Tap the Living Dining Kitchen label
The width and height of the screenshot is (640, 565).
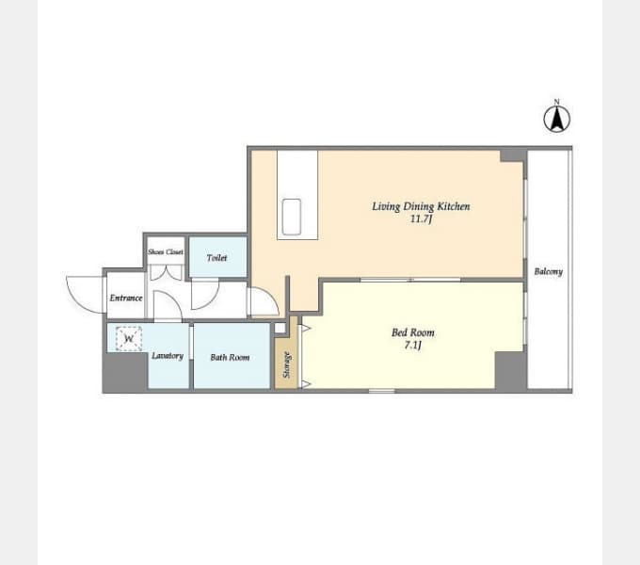pyautogui.click(x=421, y=206)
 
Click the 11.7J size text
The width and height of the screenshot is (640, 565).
pyautogui.click(x=421, y=219)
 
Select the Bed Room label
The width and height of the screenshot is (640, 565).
pyautogui.click(x=413, y=332)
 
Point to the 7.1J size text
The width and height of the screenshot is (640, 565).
pyautogui.click(x=412, y=346)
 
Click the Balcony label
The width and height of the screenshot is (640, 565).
pyautogui.click(x=548, y=271)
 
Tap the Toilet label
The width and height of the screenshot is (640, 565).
pyautogui.click(x=216, y=258)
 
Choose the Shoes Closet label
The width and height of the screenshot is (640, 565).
pyautogui.click(x=166, y=251)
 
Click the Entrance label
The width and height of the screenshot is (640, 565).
pyautogui.click(x=126, y=298)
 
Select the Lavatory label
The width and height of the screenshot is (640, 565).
pyautogui.click(x=168, y=356)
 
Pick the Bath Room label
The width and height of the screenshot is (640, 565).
pyautogui.click(x=230, y=358)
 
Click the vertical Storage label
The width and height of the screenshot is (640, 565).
pyautogui.click(x=287, y=364)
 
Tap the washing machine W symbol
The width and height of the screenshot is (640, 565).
pyautogui.click(x=129, y=338)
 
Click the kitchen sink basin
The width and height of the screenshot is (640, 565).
pyautogui.click(x=292, y=217)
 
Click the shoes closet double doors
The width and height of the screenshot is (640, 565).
pyautogui.click(x=166, y=273)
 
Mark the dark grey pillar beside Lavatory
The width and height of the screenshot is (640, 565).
pyautogui.click(x=125, y=371)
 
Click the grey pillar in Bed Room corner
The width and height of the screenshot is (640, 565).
pyautogui.click(x=509, y=370)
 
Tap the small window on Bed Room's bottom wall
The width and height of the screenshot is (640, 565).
pyautogui.click(x=381, y=391)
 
